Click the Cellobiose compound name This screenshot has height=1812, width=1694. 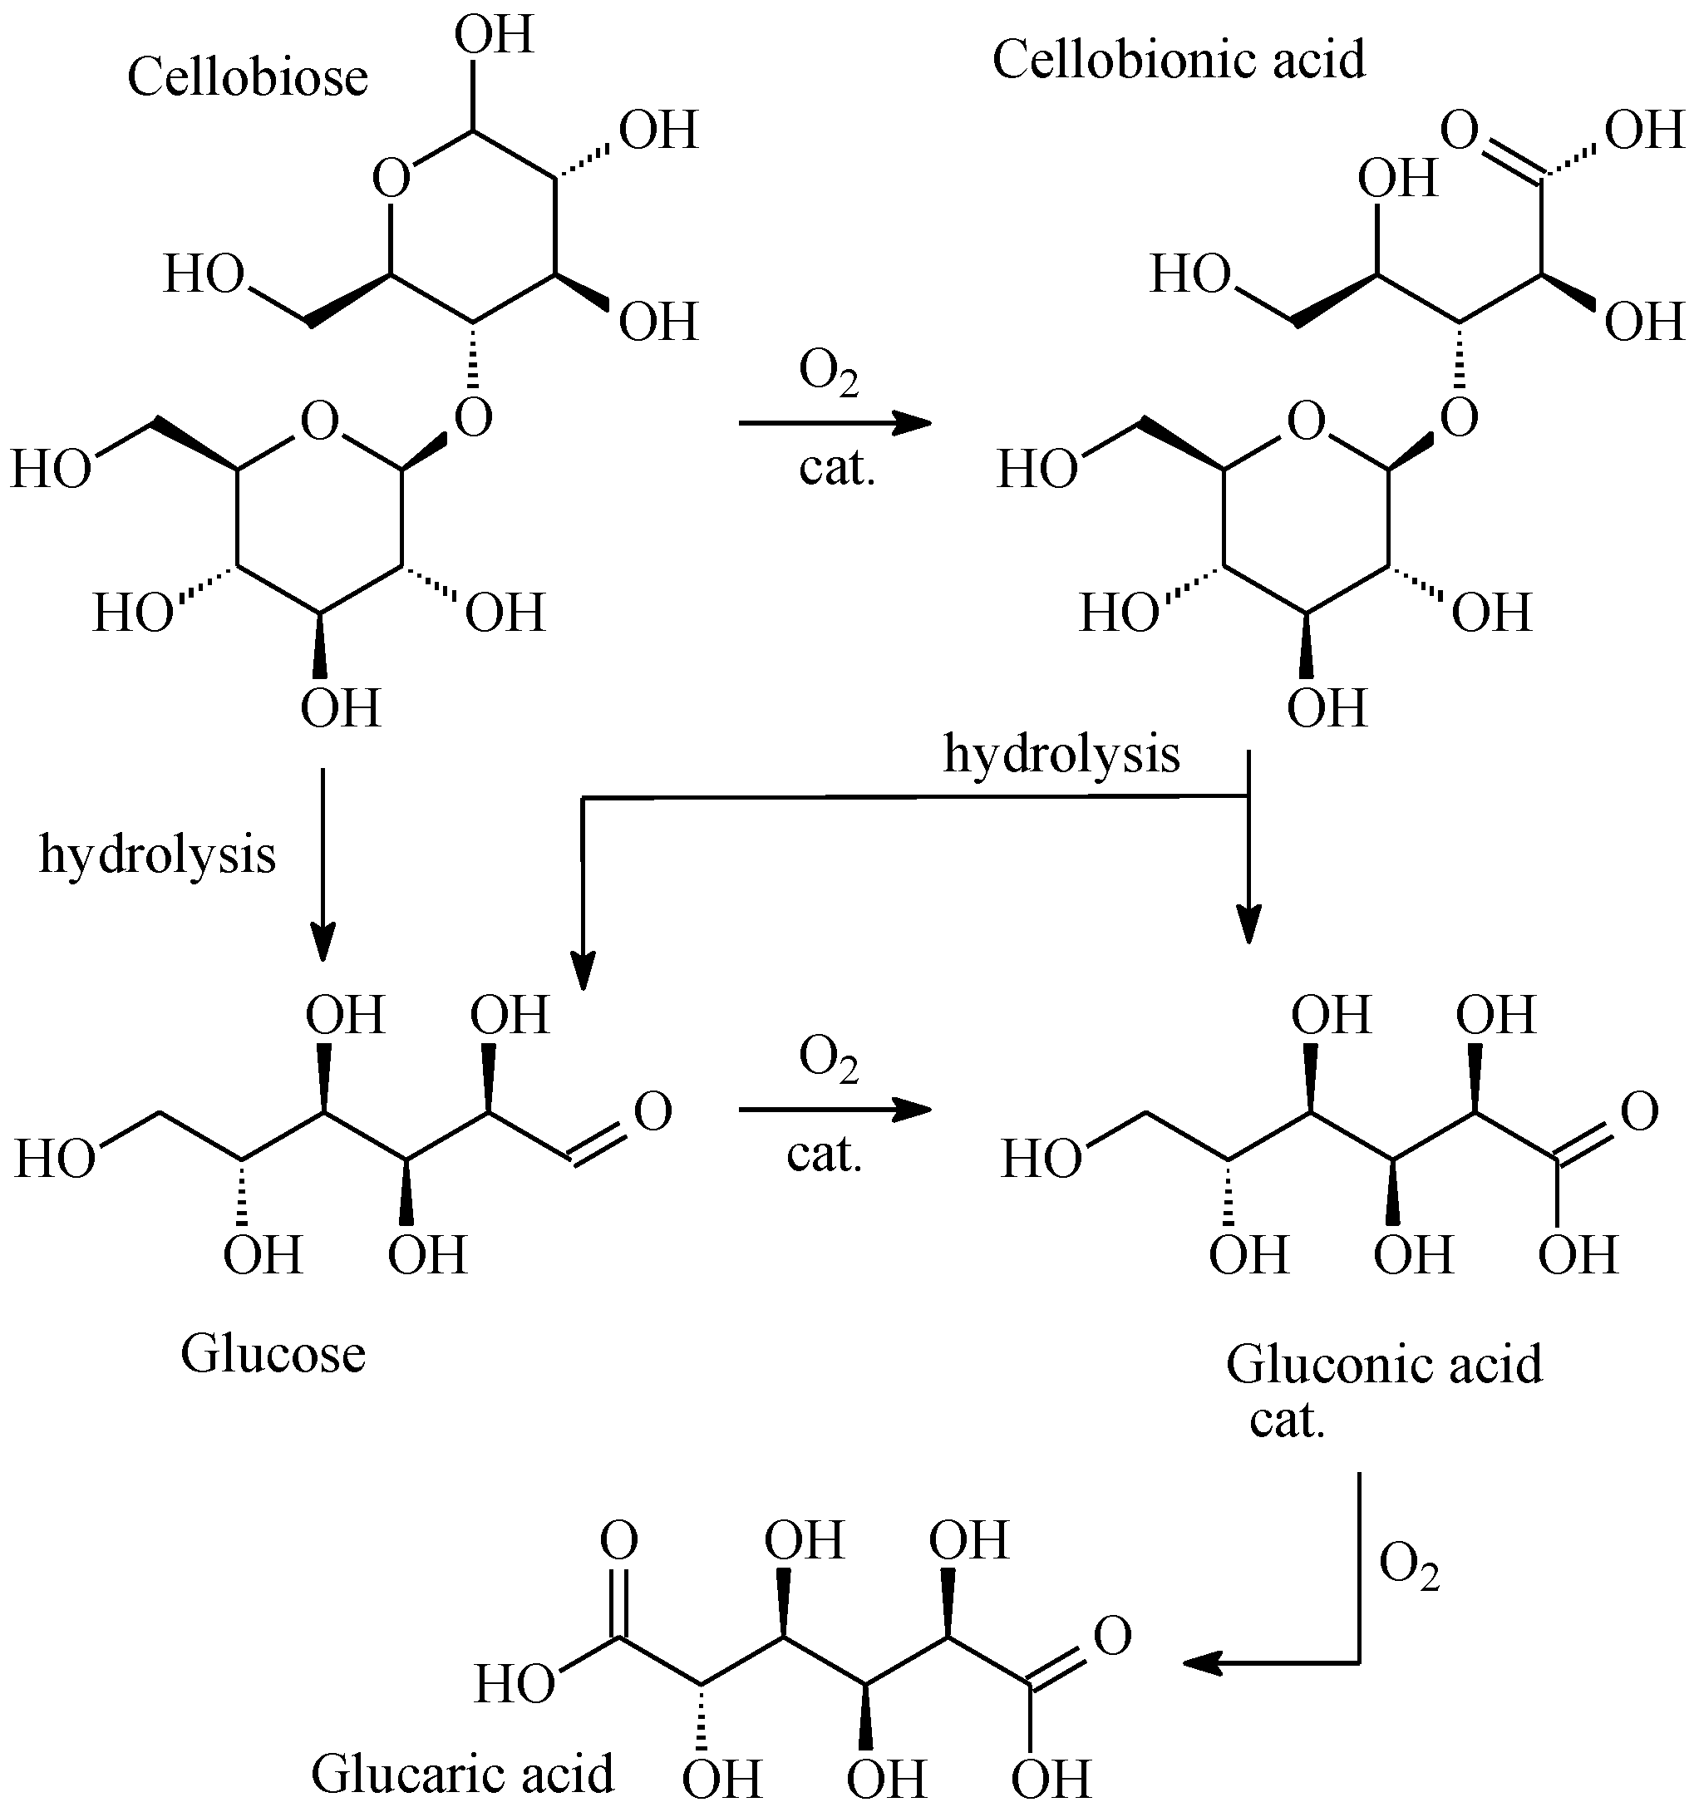(247, 78)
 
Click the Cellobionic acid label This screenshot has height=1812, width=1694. (1179, 61)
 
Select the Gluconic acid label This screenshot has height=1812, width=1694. (1383, 1365)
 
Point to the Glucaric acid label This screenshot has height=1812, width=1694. (462, 1774)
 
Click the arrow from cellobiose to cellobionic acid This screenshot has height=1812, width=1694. (834, 423)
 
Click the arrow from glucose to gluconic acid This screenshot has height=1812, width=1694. (834, 1110)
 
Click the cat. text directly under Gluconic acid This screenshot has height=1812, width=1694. (1287, 1420)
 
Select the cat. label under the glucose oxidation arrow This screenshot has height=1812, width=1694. (825, 1155)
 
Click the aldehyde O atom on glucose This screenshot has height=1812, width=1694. (652, 1111)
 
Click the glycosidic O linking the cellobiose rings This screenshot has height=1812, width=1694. (474, 419)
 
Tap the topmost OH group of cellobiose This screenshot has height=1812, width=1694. (493, 37)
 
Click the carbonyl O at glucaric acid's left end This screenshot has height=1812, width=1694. (618, 1541)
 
